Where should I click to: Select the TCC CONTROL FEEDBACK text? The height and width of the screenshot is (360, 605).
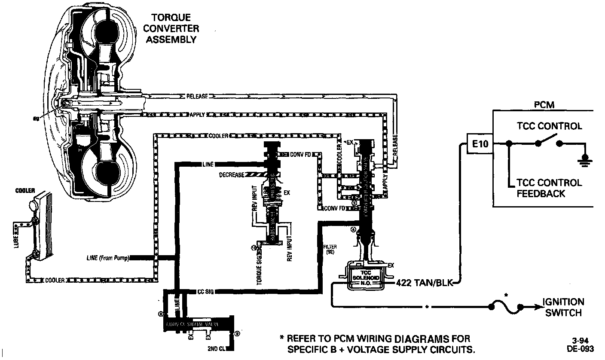(x=549, y=188)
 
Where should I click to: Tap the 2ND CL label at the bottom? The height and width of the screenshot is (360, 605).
(x=214, y=348)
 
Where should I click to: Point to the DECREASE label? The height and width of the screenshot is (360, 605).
(x=232, y=175)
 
